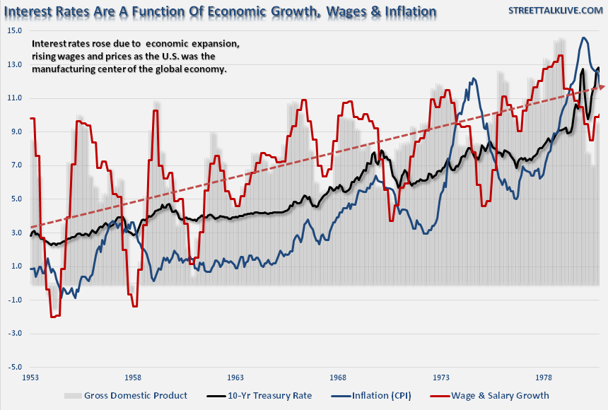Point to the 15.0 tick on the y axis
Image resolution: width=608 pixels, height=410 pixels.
(15, 31)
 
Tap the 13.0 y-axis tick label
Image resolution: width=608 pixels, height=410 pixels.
(15, 64)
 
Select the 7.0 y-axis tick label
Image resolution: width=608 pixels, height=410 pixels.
(15, 165)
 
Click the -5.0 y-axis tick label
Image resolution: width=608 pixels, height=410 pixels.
(14, 368)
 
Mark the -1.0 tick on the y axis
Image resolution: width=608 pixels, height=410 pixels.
(14, 300)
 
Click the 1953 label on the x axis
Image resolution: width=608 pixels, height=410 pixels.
(30, 378)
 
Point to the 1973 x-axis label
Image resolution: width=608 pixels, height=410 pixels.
(442, 378)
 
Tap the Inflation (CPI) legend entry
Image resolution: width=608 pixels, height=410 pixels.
(382, 395)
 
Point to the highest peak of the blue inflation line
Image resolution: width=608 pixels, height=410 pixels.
(584, 38)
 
